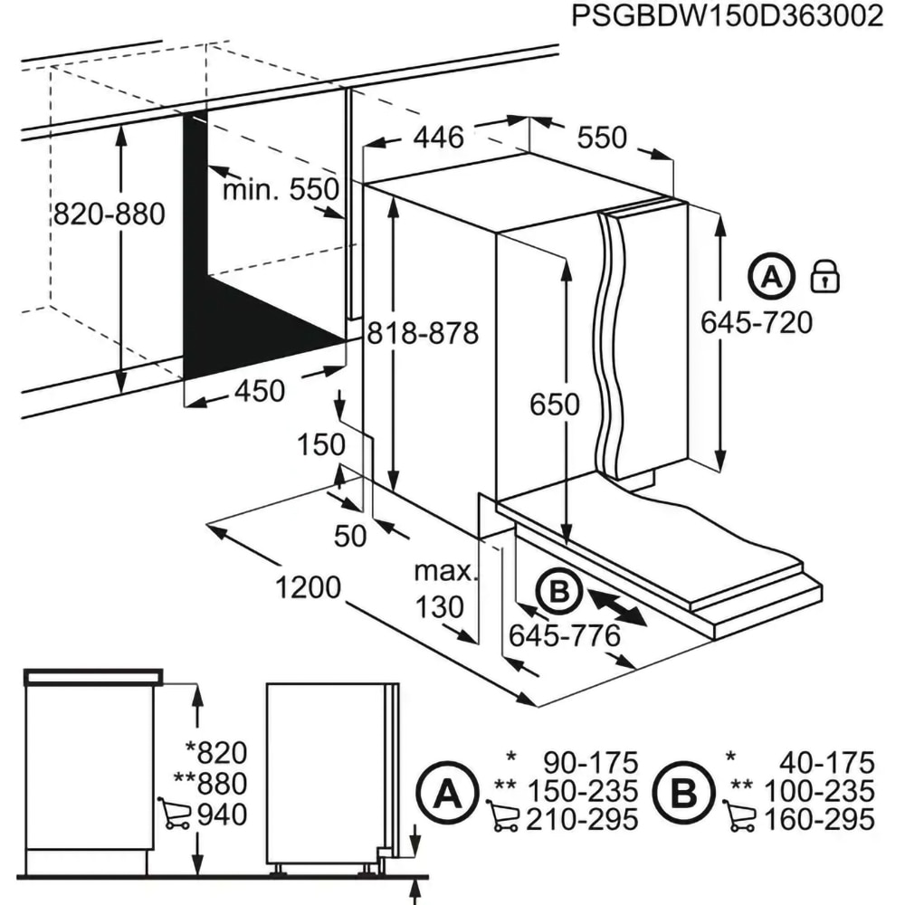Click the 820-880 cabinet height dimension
click(109, 214)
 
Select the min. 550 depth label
click(281, 190)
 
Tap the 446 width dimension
click(438, 138)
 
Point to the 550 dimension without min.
click(602, 138)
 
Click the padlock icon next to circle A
click(824, 275)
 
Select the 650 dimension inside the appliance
click(554, 405)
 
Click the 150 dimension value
click(322, 444)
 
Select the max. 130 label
click(443, 588)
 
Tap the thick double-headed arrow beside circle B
click(616, 606)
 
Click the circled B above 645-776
click(558, 593)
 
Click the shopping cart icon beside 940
click(174, 813)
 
